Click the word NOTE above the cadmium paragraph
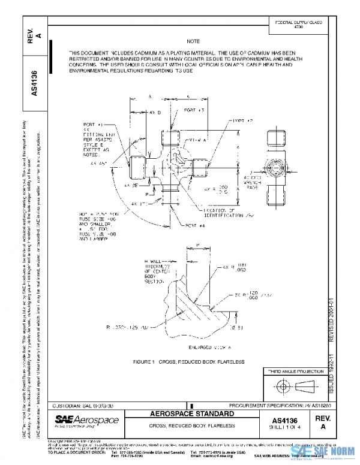[193, 41]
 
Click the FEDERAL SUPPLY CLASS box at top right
[298, 25]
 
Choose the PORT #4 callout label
[194, 225]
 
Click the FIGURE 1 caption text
[189, 362]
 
